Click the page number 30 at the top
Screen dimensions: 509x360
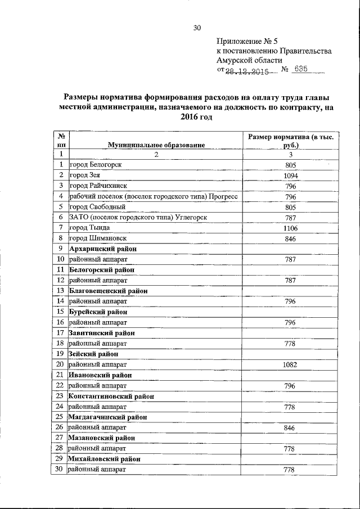point(196,28)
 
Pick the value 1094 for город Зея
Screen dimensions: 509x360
point(290,175)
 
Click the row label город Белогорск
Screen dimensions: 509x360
point(96,164)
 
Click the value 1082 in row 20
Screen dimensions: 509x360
point(290,364)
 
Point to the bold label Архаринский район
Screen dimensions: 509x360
point(103,248)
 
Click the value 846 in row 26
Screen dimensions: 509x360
point(290,428)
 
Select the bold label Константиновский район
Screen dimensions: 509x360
point(111,396)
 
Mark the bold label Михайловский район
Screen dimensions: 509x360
point(104,459)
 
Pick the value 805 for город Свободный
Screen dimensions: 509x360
point(290,207)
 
